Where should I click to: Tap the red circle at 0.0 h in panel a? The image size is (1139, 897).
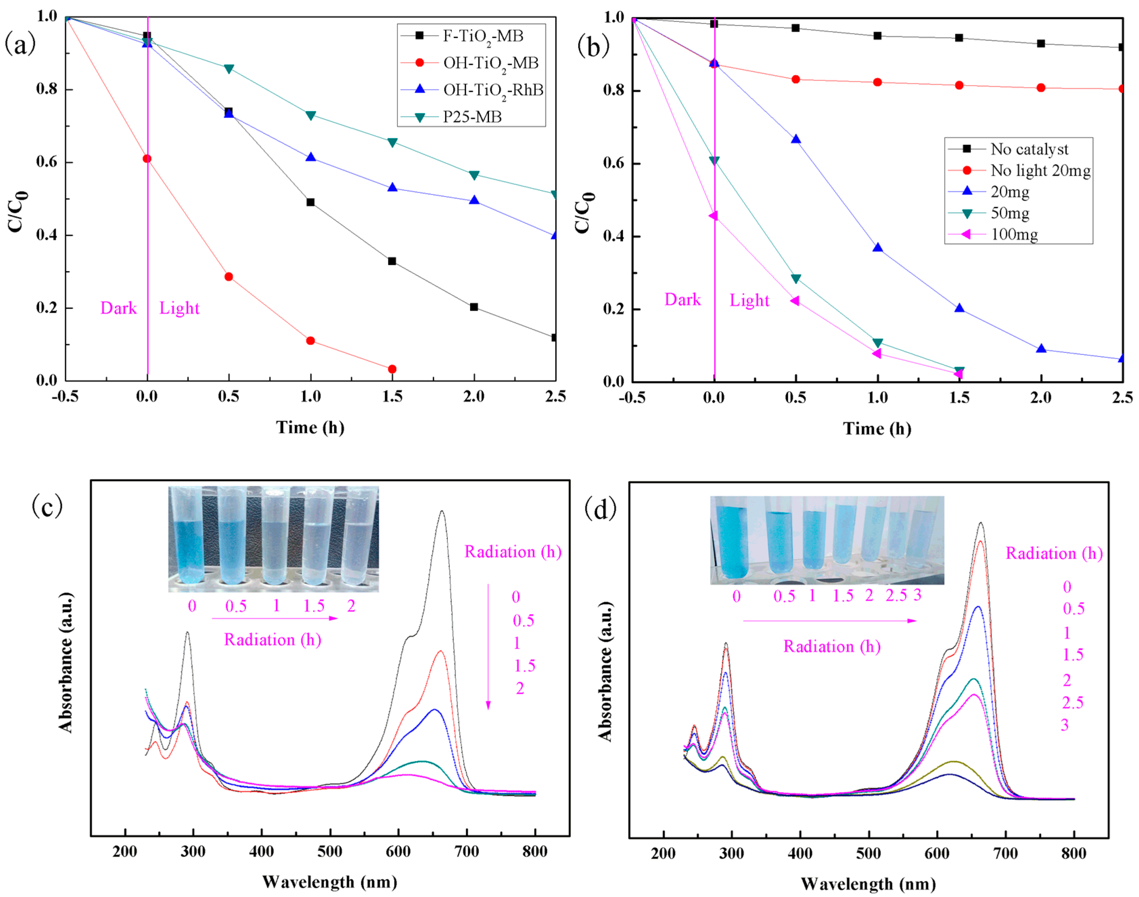coord(147,158)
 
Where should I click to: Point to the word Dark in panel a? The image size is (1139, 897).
coord(118,308)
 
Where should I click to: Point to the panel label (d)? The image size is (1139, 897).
coord(600,509)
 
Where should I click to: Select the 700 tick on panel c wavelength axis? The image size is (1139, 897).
coord(466,851)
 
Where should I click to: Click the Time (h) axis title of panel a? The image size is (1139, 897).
coord(310,427)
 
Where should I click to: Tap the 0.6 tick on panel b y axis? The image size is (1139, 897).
coord(613,163)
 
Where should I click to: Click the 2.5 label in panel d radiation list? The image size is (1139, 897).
coord(1072,703)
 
